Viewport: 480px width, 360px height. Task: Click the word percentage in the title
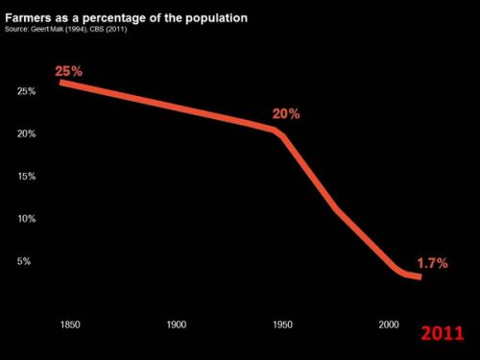coord(123,18)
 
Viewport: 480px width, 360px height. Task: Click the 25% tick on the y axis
coord(27,91)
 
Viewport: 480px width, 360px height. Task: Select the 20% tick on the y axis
coord(27,133)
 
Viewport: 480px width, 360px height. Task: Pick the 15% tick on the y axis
coord(27,176)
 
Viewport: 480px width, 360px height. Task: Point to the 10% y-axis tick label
coord(27,219)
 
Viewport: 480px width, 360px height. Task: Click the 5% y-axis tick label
coord(24,261)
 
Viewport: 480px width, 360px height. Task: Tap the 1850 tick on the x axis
coord(70,324)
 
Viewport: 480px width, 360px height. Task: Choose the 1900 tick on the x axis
coord(176,324)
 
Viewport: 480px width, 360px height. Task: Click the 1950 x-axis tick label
coord(281,324)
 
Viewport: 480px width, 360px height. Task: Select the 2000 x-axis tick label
coord(387,324)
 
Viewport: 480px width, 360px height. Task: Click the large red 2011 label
coord(443,333)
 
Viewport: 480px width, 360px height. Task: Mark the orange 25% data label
coord(69,71)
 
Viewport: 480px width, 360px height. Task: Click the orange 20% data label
coord(286,113)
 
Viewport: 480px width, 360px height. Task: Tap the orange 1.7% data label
coord(432,263)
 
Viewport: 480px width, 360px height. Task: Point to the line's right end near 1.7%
coord(418,276)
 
